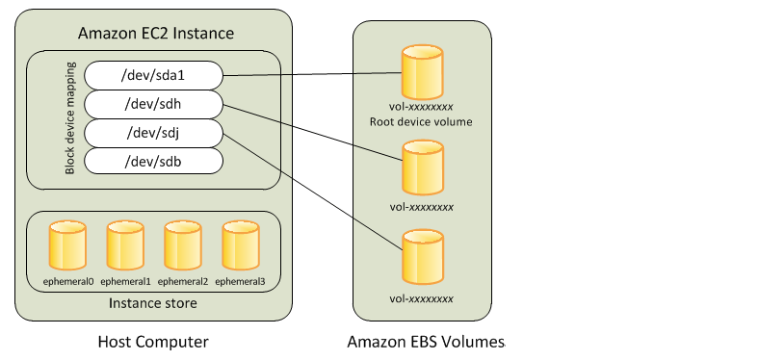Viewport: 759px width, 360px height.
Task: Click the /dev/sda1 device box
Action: (x=154, y=74)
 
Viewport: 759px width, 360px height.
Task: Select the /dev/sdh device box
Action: (x=154, y=103)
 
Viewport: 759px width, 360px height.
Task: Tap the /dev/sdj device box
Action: (x=154, y=132)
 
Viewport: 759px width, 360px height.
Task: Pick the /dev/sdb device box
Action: (x=154, y=161)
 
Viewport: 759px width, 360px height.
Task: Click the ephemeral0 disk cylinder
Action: (x=67, y=245)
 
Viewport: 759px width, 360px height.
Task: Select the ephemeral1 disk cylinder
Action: (x=125, y=245)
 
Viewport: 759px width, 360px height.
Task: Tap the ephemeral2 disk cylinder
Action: (x=183, y=245)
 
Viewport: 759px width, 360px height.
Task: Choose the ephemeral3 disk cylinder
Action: (x=241, y=245)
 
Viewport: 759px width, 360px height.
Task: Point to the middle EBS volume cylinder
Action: (x=424, y=167)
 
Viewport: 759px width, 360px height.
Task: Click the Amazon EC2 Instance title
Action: (x=155, y=34)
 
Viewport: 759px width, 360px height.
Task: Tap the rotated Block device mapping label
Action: (x=69, y=117)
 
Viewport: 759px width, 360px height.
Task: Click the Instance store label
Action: (x=154, y=303)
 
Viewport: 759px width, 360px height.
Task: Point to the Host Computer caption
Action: (x=153, y=342)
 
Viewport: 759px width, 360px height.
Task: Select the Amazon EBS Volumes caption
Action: (x=426, y=342)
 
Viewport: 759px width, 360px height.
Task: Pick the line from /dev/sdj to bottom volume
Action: (x=313, y=188)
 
